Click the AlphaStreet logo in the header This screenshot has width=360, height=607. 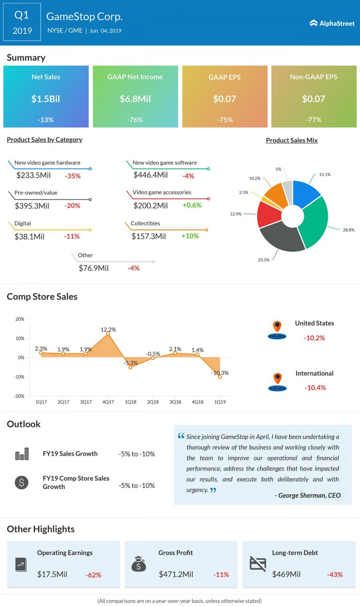(332, 23)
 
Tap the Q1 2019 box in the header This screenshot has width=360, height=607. (22, 23)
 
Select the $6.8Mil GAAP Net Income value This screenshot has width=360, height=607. (135, 99)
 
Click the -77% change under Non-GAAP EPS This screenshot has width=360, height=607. (314, 120)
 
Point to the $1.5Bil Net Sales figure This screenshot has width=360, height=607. (45, 99)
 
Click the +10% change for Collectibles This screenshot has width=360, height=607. (190, 236)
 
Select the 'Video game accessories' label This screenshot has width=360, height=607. (162, 192)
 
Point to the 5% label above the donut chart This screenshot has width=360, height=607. (278, 169)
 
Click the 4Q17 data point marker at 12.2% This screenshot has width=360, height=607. (108, 334)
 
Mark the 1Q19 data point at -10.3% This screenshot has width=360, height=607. (219, 377)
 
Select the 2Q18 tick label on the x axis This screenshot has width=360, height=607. (152, 402)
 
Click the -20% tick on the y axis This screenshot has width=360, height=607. (19, 396)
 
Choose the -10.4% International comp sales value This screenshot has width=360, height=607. (315, 387)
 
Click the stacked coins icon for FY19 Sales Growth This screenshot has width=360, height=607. (22, 454)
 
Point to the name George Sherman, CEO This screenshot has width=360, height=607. (307, 495)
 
